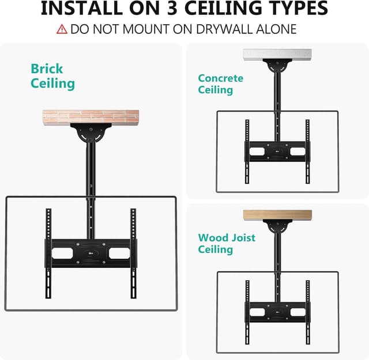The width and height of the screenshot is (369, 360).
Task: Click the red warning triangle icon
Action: pyautogui.click(x=62, y=29)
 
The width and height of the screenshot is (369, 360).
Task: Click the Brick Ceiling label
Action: pyautogui.click(x=52, y=76)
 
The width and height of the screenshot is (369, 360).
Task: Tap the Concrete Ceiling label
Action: pyautogui.click(x=220, y=84)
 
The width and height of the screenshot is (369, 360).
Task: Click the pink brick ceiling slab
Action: pyautogui.click(x=92, y=118)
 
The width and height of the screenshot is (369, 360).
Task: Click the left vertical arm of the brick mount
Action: pyautogui.click(x=49, y=253)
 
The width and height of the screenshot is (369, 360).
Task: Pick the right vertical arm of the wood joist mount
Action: pyautogui.click(x=307, y=312)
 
